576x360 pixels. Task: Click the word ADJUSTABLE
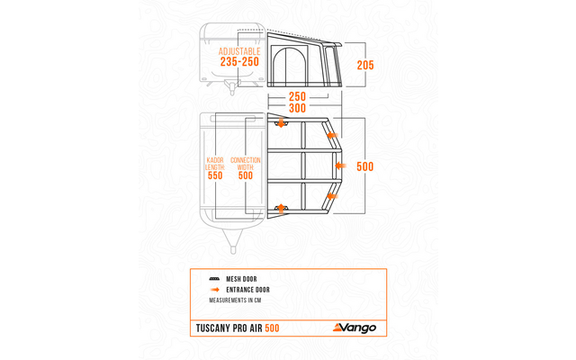[x=238, y=51]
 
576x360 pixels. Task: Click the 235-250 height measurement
[x=238, y=62]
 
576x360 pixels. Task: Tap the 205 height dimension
[x=365, y=65]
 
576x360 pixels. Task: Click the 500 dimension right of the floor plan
[x=364, y=166]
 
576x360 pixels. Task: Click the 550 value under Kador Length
[x=215, y=176]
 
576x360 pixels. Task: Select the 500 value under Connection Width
[x=246, y=176]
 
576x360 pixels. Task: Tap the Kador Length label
[x=215, y=164]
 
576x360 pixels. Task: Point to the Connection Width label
[x=246, y=164]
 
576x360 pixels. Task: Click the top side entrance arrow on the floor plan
[x=282, y=122]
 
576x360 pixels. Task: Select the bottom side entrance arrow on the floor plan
[x=282, y=208]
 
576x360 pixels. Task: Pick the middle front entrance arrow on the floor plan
[x=339, y=166]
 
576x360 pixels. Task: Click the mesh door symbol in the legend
[x=214, y=280]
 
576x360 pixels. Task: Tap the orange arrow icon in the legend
[x=214, y=290]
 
